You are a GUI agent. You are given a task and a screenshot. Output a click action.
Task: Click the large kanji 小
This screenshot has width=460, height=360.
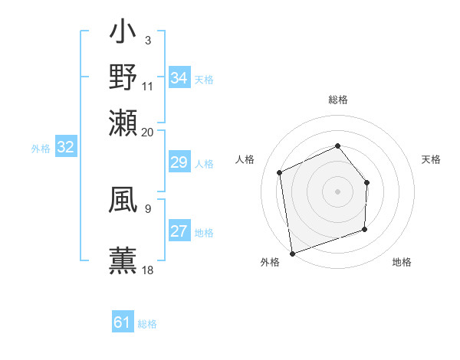coord(123,34)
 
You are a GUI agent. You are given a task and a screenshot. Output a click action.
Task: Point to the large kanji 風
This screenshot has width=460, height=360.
coord(123,201)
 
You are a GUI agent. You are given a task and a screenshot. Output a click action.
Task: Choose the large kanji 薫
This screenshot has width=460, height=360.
coord(123,258)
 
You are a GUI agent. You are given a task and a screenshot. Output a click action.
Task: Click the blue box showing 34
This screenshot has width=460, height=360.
coord(179,78)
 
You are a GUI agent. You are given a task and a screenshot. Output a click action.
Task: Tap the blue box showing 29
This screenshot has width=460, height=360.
coord(179,163)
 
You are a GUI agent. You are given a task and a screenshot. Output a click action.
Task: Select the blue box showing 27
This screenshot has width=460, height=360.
coord(179,232)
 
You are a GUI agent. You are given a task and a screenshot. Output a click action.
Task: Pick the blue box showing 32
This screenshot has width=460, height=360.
coord(65,148)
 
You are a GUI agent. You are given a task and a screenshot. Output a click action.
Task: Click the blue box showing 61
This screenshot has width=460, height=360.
coord(123,323)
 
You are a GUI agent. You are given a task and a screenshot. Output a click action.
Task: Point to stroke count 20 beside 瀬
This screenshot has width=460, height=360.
coord(148,131)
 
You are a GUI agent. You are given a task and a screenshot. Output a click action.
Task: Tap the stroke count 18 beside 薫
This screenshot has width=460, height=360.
coord(148,270)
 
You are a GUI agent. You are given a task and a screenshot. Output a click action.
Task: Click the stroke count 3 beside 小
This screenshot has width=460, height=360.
coord(147,41)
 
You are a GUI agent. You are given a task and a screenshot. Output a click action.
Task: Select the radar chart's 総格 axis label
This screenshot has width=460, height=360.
coord(338,100)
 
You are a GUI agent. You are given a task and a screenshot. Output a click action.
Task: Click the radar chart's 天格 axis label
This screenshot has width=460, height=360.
coord(432,159)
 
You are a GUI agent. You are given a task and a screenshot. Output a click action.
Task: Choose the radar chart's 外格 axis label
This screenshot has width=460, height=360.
coord(270,262)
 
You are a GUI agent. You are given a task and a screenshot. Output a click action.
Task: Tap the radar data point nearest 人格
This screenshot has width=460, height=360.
coord(280,172)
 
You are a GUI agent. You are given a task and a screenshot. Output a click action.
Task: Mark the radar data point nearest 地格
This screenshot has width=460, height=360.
coord(364,229)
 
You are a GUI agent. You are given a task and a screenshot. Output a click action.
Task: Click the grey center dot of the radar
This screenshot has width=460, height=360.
coord(337,191)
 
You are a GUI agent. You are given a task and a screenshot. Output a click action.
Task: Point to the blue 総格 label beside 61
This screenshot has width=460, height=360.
coord(147,324)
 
